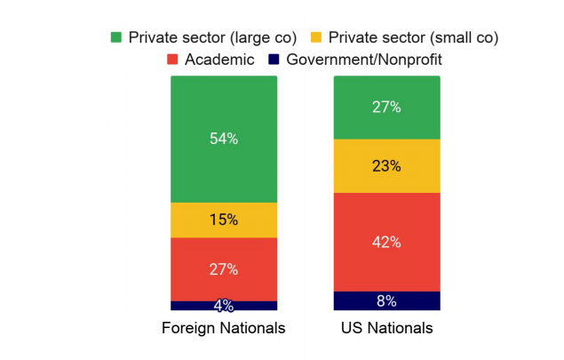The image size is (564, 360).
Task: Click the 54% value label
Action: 224,139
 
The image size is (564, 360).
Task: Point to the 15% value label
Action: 224,220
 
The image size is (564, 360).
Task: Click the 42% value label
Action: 387,242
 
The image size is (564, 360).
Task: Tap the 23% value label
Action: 387,165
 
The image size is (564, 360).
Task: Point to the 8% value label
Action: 386,300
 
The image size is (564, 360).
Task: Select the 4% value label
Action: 224,305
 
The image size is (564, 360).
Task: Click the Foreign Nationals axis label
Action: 224,328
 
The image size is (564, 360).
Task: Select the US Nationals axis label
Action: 386,328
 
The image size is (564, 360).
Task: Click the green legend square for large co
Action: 115,37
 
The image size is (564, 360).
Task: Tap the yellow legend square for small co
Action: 315,37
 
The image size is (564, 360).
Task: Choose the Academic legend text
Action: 219,60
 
